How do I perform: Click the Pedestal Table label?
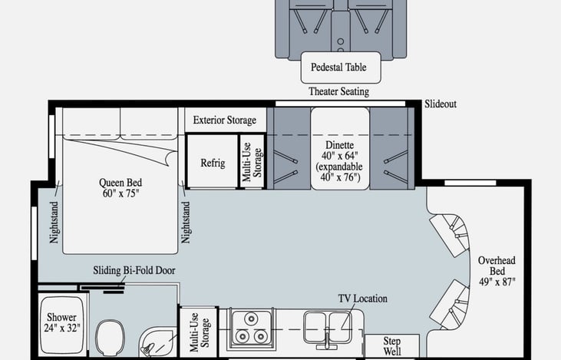(338, 68)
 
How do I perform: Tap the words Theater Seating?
(338, 91)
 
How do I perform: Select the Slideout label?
(441, 104)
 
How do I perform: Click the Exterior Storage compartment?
(226, 120)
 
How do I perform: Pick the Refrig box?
(213, 161)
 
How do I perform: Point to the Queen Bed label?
(120, 188)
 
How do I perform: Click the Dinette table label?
(339, 161)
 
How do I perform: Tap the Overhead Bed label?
(497, 271)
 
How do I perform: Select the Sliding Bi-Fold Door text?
(134, 270)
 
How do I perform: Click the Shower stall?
(62, 324)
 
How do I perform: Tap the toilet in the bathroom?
(110, 338)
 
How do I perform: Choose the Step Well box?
(391, 346)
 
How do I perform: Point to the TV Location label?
(362, 299)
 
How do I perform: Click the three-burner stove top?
(251, 329)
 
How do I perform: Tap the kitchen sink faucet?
(328, 339)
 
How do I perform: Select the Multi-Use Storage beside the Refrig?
(252, 161)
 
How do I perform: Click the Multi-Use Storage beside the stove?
(199, 332)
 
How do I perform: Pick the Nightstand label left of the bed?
(54, 223)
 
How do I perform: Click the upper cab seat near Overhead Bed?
(450, 234)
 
